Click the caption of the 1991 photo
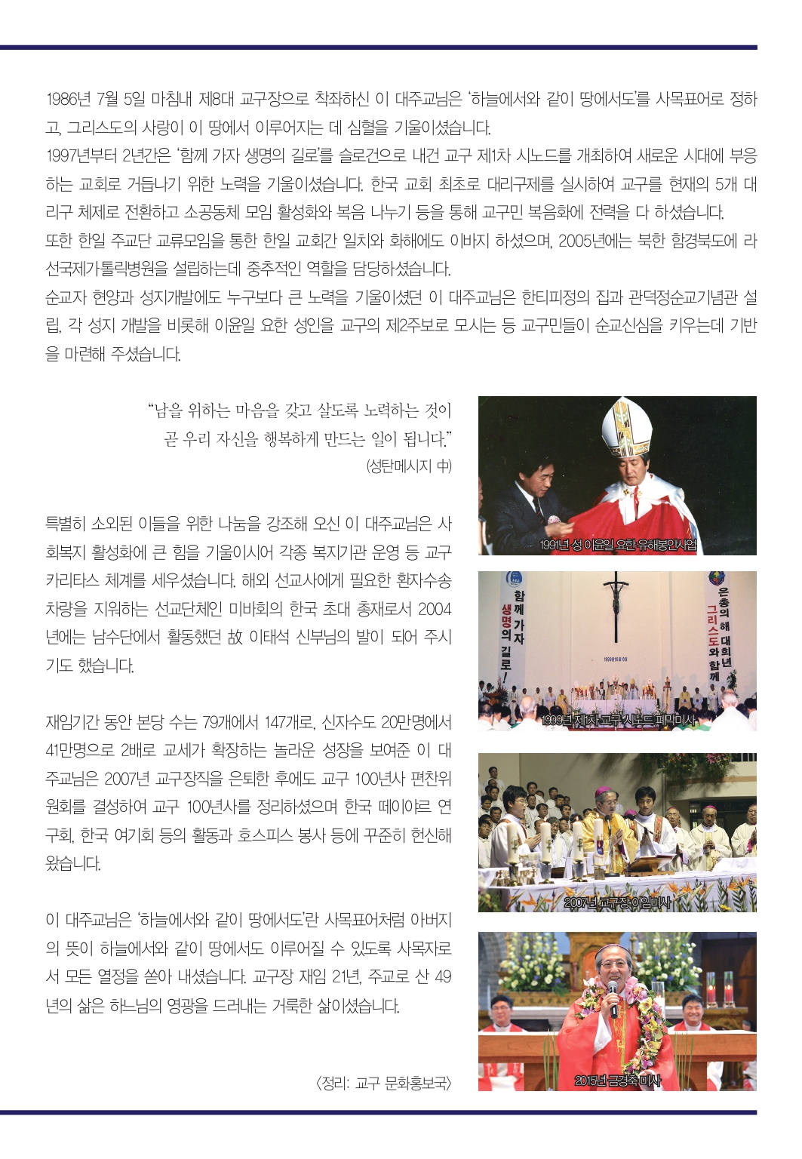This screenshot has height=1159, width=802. (x=618, y=545)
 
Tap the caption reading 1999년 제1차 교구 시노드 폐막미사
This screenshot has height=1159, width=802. (x=618, y=721)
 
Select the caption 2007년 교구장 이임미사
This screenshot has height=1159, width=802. (x=617, y=902)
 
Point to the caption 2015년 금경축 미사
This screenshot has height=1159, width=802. (x=617, y=1081)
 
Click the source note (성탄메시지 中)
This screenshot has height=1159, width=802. (x=408, y=466)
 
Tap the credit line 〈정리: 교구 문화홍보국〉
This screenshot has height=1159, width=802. (x=383, y=1084)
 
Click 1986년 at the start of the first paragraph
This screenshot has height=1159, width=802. (x=68, y=99)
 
